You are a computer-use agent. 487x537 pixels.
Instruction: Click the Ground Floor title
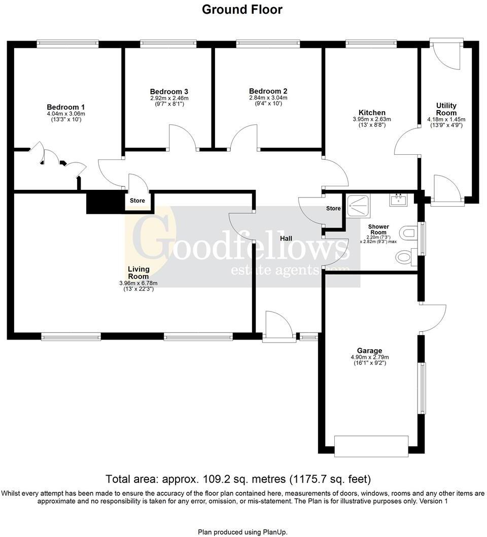pyautogui.click(x=242, y=9)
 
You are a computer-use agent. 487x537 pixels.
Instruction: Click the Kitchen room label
pyautogui.click(x=372, y=112)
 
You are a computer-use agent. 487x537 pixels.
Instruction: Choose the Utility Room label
pyautogui.click(x=446, y=109)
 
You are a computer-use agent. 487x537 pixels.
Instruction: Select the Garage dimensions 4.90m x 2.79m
pyautogui.click(x=369, y=357)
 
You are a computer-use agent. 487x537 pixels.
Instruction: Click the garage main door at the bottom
pyautogui.click(x=371, y=445)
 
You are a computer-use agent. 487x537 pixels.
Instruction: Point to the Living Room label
pyautogui.click(x=138, y=273)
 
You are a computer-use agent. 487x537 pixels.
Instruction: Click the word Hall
pyautogui.click(x=287, y=238)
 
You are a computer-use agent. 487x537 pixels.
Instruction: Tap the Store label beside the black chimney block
pyautogui.click(x=137, y=200)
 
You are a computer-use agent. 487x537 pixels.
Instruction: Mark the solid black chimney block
pyautogui.click(x=106, y=202)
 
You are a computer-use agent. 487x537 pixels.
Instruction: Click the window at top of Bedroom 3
pyautogui.click(x=168, y=44)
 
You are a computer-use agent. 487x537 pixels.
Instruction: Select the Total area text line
pyautogui.click(x=238, y=479)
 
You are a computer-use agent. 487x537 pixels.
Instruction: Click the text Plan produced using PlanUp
pyautogui.click(x=242, y=531)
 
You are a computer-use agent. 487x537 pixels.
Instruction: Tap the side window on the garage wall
pyautogui.click(x=422, y=388)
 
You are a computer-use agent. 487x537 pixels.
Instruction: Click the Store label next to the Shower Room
pyautogui.click(x=333, y=208)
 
